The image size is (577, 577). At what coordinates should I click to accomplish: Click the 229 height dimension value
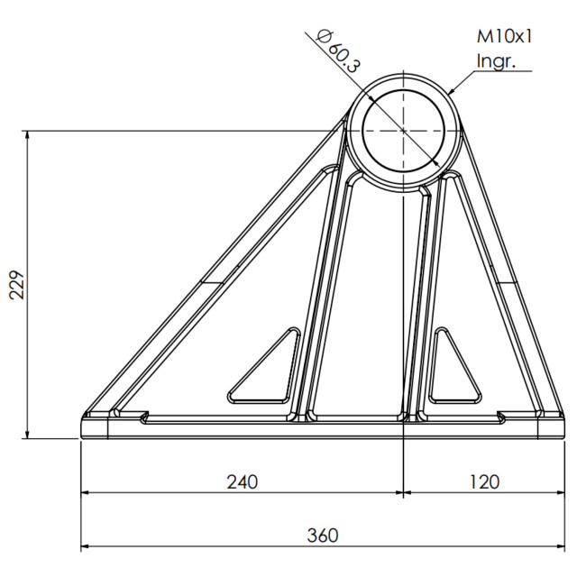coord(16,286)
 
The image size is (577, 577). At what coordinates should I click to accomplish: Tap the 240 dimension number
coord(243,481)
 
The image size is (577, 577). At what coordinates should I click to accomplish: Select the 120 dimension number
coord(485,481)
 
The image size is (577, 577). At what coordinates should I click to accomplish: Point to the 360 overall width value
coord(323,536)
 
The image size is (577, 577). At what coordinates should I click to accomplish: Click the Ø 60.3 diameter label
coord(338,51)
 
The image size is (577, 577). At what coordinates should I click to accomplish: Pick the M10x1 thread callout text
coord(505,37)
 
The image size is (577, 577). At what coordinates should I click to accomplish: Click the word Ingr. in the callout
coord(496,60)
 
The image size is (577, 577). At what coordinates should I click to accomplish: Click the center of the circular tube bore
coord(404,131)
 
